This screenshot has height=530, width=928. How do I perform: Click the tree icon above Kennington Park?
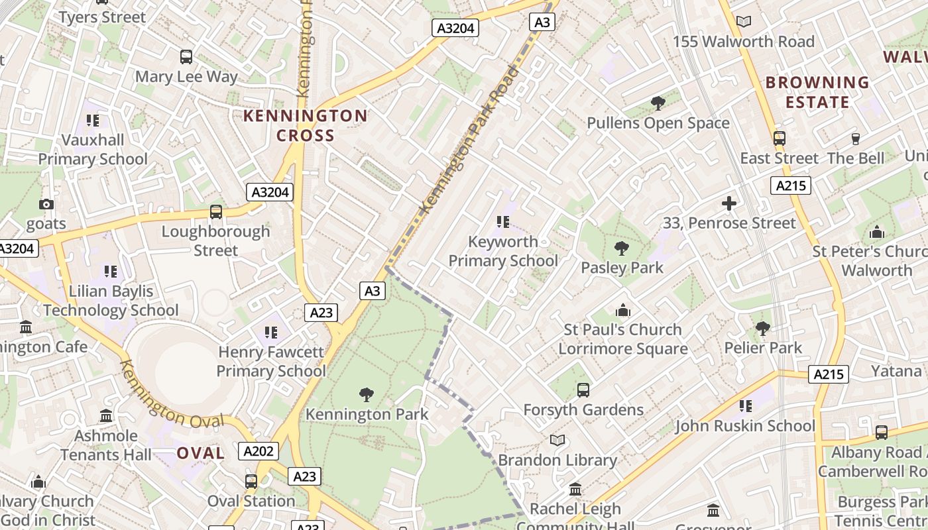[x=366, y=396]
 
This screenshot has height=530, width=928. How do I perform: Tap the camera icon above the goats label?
[x=46, y=204]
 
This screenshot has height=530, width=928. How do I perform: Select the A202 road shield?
[x=258, y=451]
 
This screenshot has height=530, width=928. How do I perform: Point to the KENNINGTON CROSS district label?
[x=305, y=125]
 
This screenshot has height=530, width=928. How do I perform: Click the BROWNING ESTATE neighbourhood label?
[x=817, y=92]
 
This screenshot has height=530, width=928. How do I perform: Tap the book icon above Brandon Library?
[x=557, y=441]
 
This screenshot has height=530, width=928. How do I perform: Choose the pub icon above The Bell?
[x=855, y=139]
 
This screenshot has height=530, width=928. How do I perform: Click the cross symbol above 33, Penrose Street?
[x=729, y=203]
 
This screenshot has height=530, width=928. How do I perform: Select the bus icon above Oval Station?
[x=251, y=482]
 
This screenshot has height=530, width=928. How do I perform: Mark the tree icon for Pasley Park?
[x=621, y=248]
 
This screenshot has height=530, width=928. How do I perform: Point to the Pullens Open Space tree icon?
[x=658, y=103]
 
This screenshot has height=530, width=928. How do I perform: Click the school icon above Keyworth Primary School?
[x=502, y=222]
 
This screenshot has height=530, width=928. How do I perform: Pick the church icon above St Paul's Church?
[x=622, y=310]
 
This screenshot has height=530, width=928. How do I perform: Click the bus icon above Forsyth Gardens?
[x=583, y=390]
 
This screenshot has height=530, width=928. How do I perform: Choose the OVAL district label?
[x=200, y=453]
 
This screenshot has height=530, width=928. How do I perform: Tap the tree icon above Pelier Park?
[x=762, y=328]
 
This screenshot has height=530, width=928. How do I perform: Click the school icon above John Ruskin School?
[x=745, y=405]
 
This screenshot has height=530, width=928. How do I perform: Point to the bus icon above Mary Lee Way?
[x=186, y=57]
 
